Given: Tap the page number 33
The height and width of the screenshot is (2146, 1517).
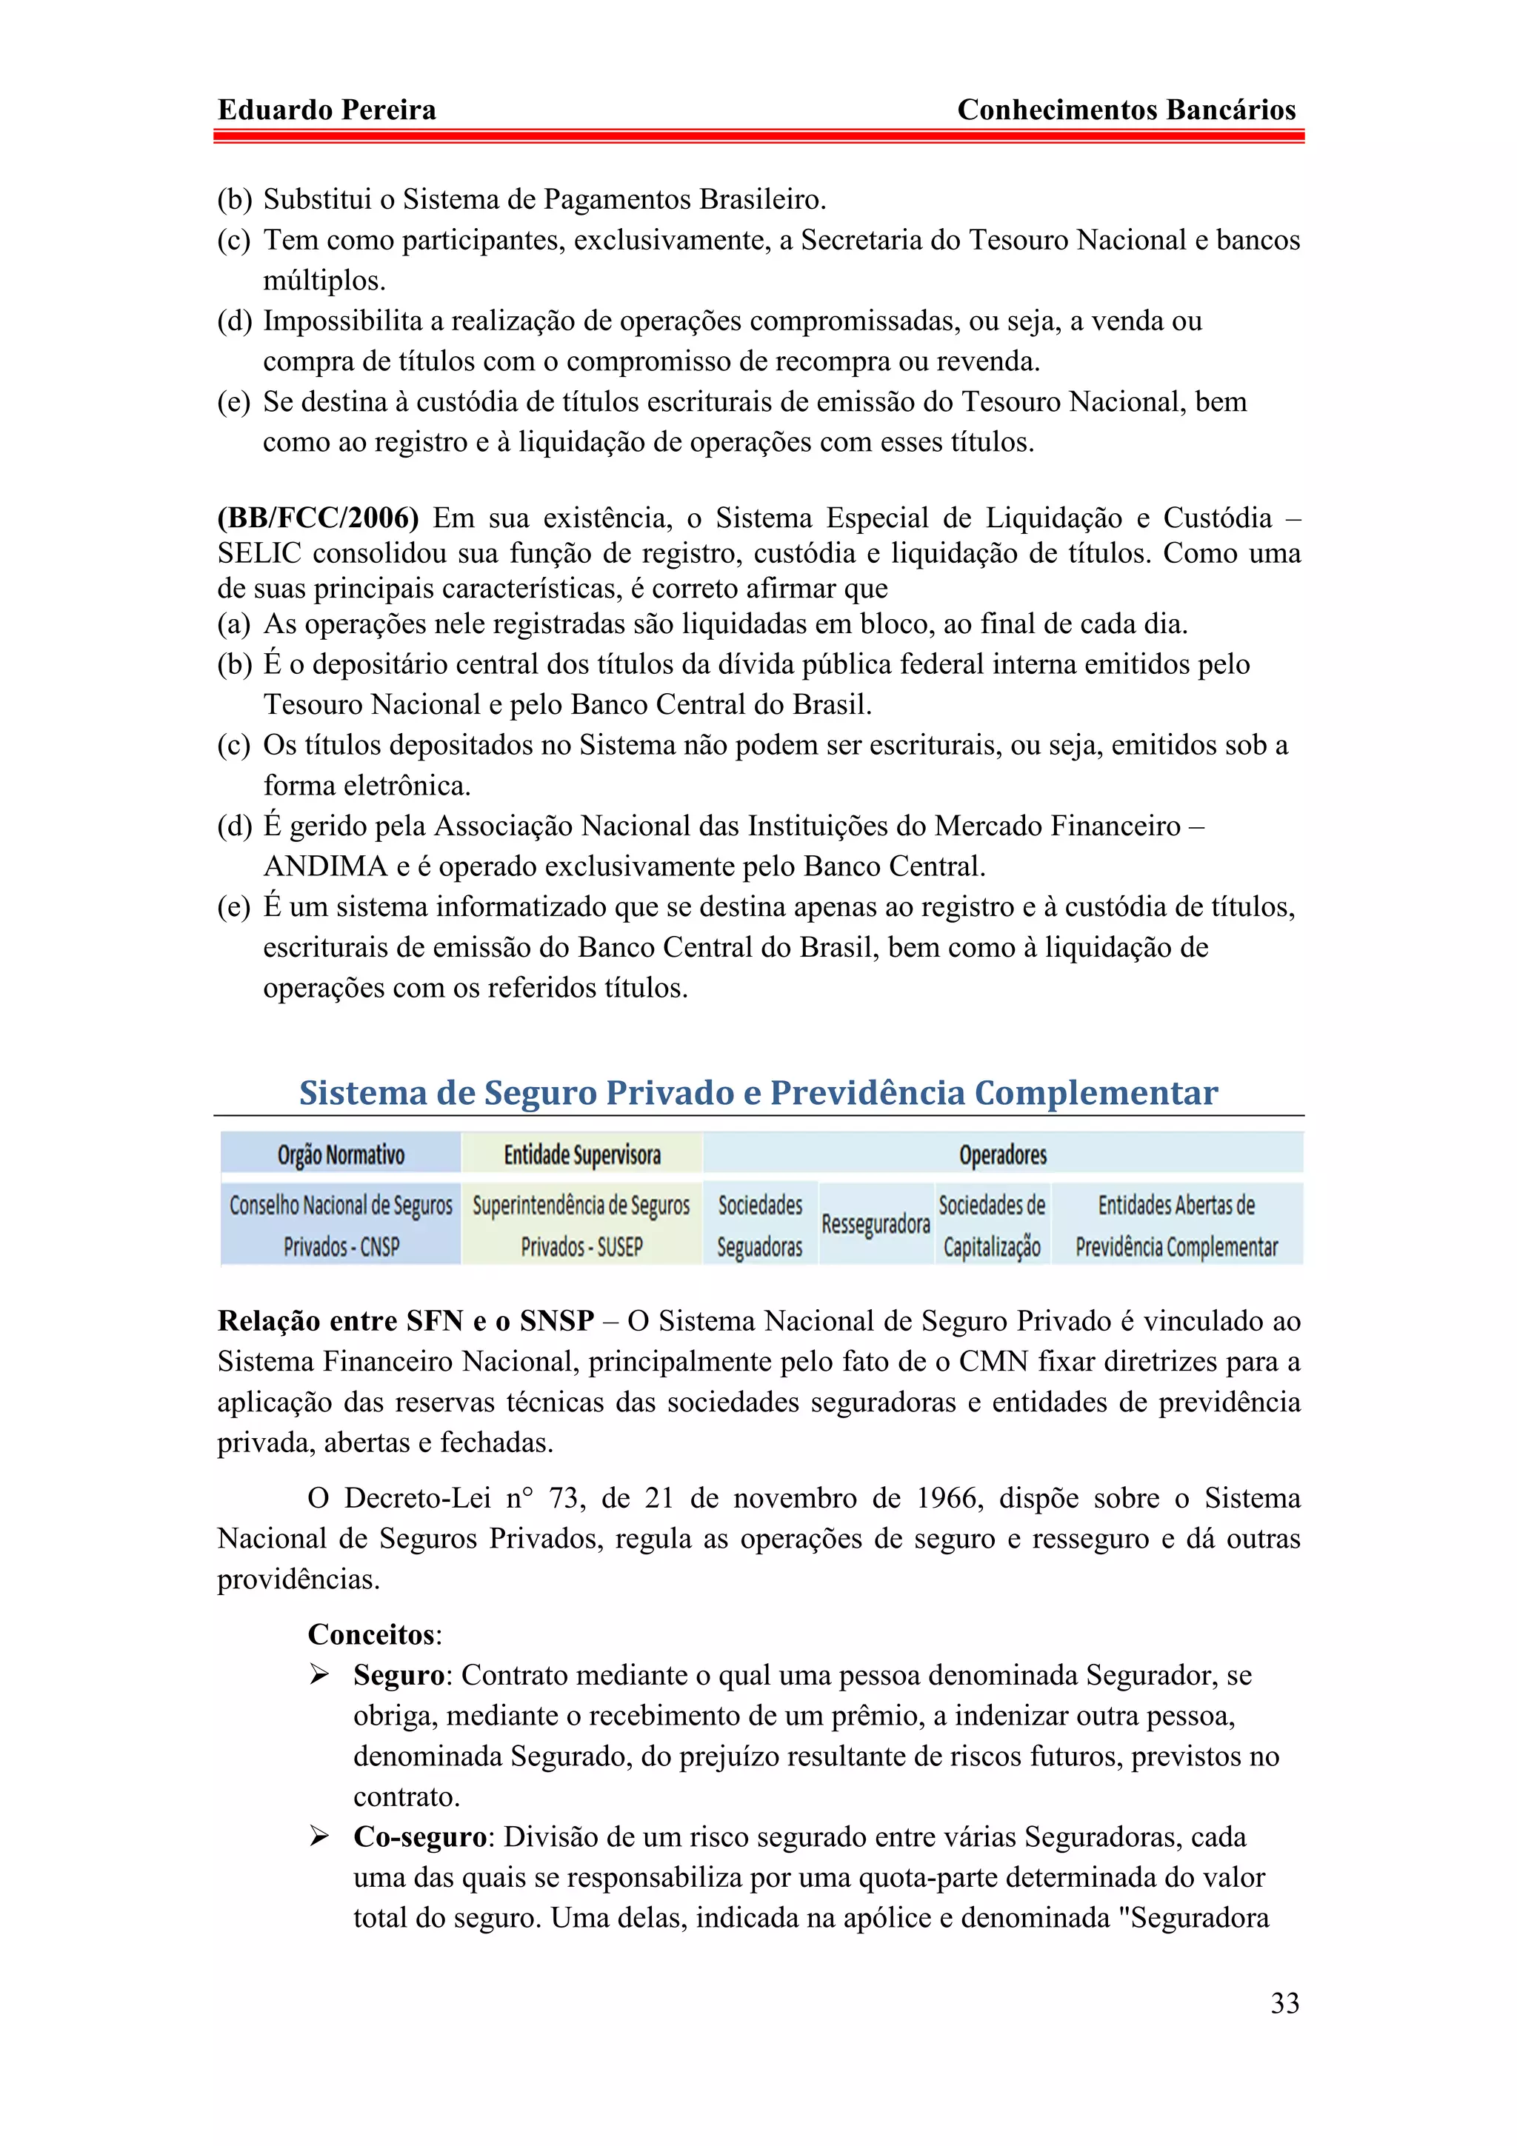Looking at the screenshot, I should click(1284, 2002).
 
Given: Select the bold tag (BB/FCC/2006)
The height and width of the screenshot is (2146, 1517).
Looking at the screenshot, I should click(318, 518).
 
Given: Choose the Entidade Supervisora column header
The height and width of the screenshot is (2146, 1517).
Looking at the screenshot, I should click(581, 1154).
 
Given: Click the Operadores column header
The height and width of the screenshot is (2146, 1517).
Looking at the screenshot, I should click(1002, 1154).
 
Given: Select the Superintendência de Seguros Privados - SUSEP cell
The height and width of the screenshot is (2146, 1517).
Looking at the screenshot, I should click(581, 1224).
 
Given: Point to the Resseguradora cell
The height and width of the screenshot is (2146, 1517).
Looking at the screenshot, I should click(875, 1223).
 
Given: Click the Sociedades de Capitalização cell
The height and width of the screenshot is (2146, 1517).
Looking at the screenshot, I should click(992, 1224).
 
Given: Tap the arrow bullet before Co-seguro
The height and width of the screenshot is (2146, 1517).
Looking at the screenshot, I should click(320, 1836).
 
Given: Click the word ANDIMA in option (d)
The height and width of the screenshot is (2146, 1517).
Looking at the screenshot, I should click(324, 866).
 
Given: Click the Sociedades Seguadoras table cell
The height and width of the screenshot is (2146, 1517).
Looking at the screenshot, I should click(760, 1224).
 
